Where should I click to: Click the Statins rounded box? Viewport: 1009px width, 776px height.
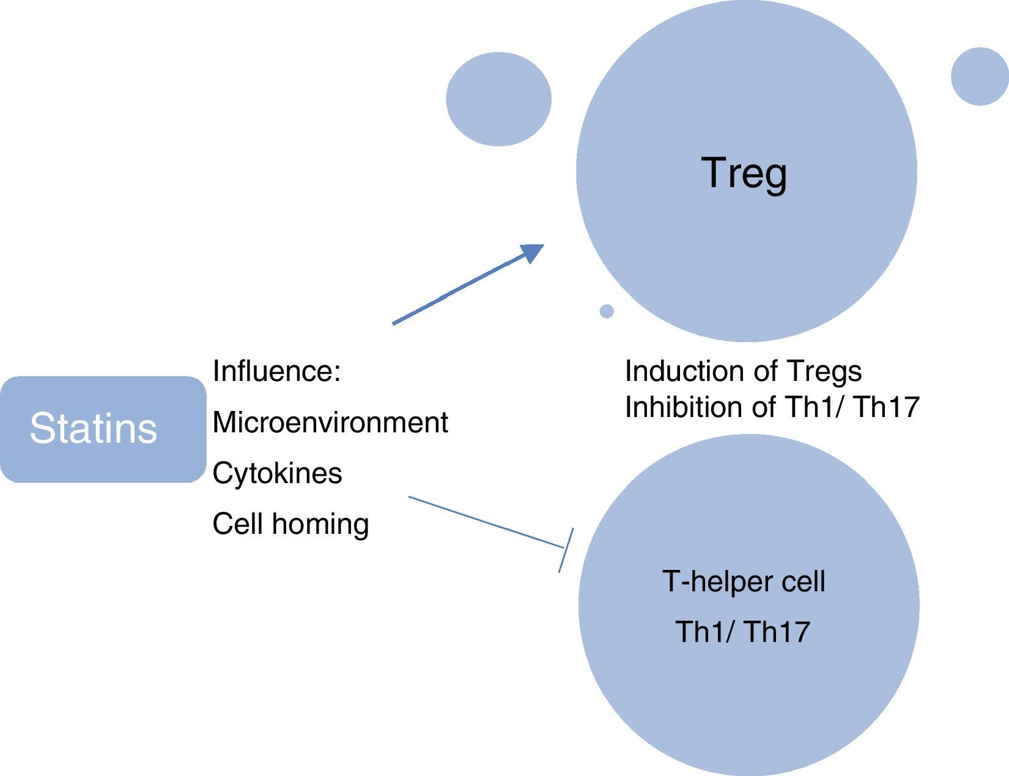pos(103,429)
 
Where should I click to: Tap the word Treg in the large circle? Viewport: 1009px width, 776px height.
pos(744,172)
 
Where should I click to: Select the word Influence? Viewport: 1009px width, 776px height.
pos(276,371)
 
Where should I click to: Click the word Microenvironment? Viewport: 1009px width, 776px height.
pos(330,423)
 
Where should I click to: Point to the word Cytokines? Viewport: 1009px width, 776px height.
pos(277,473)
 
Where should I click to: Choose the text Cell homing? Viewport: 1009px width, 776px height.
pos(290,524)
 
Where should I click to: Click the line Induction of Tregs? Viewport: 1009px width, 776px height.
pos(743,371)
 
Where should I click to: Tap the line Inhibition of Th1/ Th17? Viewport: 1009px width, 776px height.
pos(772,407)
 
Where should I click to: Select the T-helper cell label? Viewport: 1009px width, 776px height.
pos(744,581)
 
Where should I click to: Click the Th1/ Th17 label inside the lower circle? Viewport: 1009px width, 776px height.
pos(742,632)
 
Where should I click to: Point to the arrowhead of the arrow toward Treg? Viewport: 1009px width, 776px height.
pos(532,252)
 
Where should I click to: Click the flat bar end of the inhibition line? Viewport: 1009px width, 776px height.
pos(566,550)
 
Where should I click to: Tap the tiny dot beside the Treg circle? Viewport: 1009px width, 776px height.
pos(607,311)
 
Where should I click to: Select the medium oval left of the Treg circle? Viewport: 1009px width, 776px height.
pos(498,99)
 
